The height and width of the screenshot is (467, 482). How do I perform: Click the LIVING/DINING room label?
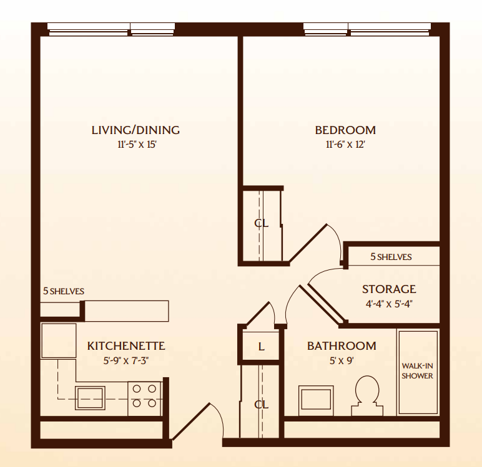point(135,130)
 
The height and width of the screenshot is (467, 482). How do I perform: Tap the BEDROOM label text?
point(345,130)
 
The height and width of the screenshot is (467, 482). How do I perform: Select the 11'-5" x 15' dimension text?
point(135,145)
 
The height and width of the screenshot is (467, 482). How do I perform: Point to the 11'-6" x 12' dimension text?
point(345,145)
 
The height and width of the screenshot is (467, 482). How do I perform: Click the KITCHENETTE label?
point(126,345)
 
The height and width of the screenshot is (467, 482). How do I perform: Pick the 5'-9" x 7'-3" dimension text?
point(126,360)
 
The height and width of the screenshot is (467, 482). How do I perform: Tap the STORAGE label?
point(389,289)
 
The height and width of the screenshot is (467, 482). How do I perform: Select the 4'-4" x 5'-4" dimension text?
point(389,304)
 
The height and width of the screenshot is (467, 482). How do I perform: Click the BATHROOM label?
point(342,345)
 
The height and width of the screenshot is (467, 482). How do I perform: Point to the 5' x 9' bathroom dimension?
point(342,360)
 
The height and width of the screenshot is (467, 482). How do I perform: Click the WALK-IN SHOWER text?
point(417,371)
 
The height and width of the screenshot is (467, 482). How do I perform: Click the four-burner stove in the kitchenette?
point(145,397)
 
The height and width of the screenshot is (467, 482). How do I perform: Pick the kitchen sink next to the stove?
point(91,397)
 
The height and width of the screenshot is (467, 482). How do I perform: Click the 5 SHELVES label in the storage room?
point(391,257)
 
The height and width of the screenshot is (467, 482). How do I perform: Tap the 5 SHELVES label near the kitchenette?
point(64,291)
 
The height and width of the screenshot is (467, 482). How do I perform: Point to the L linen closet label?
point(261,347)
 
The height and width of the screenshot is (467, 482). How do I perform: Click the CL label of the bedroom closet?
point(261,223)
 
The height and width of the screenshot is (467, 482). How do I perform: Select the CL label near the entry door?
point(261,404)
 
